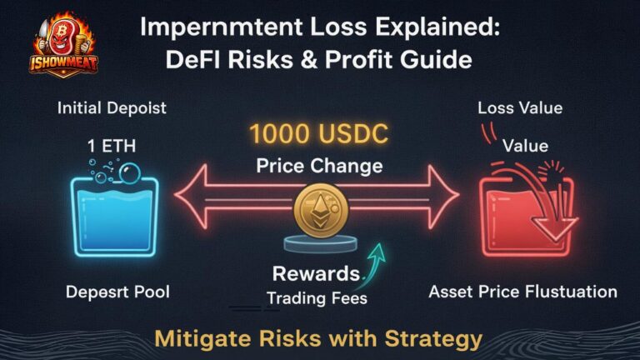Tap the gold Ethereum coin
(321, 208)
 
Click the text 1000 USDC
(319, 135)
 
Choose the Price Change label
(319, 166)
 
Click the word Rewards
(314, 273)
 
